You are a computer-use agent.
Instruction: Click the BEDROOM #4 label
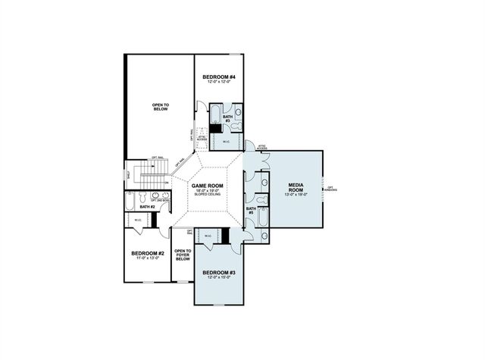[219, 78]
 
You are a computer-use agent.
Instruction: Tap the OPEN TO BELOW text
[160, 107]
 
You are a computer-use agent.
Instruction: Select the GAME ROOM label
[205, 186]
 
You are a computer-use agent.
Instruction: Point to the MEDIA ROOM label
[296, 187]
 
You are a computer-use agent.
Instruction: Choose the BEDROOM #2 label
[148, 253]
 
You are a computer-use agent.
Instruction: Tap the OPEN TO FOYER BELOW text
[183, 255]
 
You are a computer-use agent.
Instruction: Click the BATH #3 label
[227, 118]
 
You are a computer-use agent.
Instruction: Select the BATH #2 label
[147, 207]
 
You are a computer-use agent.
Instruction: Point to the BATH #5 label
[251, 211]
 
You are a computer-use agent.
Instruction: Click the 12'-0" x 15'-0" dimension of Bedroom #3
[218, 278]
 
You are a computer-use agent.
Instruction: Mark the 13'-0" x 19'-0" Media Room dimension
[296, 196]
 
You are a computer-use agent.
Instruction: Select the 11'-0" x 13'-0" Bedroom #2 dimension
[148, 259]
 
